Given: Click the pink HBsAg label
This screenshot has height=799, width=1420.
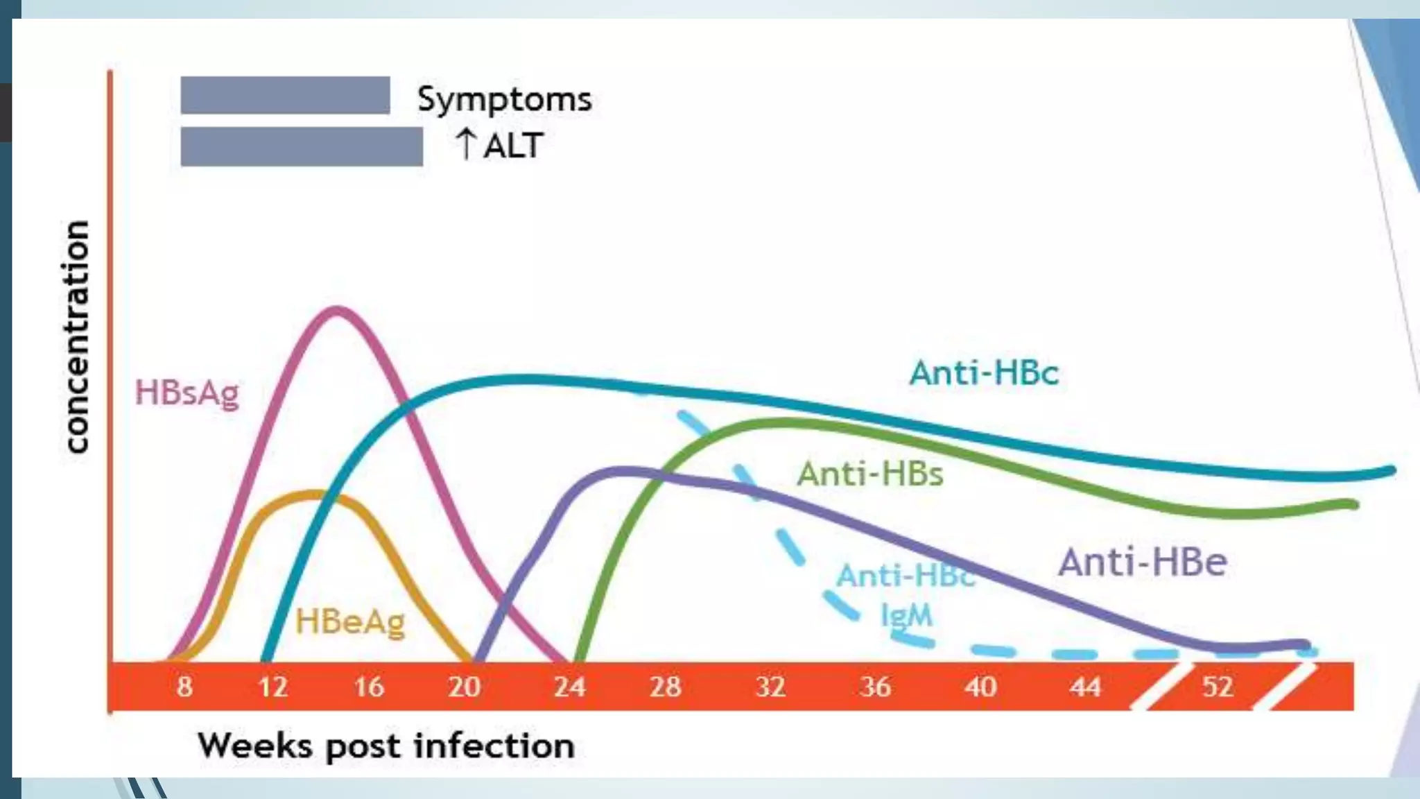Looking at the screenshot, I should (187, 393).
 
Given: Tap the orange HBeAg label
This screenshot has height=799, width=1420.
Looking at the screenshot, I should (350, 621).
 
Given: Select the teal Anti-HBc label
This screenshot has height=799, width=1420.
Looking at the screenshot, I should (984, 373).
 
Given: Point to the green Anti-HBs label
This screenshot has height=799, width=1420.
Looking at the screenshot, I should (870, 474).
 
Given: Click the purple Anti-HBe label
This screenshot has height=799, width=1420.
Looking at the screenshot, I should (1142, 562).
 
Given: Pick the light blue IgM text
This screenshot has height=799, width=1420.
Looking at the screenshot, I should (906, 615).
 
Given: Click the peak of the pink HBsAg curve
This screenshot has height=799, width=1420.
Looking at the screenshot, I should (336, 310).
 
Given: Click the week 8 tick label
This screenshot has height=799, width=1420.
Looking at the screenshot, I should (184, 687).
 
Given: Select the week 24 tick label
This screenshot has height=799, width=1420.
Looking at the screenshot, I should (569, 687).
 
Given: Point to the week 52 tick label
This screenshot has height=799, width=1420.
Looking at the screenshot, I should (1217, 687).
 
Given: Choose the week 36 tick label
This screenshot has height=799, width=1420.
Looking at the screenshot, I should (875, 687).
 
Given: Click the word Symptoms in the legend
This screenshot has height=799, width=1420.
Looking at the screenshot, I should (504, 99).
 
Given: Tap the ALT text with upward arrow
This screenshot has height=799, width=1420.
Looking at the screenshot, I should (499, 146).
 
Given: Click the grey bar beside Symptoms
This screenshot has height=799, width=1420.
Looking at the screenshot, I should (285, 95).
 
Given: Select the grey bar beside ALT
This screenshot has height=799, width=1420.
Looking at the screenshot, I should (302, 146).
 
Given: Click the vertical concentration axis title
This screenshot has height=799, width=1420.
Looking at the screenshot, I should (77, 336).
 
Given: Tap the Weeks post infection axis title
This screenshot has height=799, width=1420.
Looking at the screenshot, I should (386, 746).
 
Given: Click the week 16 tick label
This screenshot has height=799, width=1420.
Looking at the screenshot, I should (368, 687).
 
